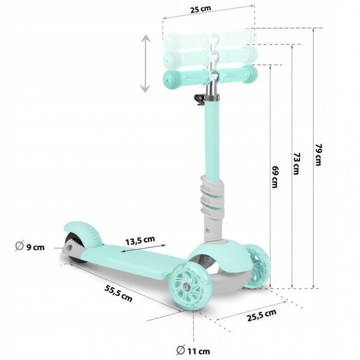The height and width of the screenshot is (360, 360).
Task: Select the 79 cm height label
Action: [x=318, y=154]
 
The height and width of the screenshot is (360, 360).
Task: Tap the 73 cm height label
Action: [x=296, y=164]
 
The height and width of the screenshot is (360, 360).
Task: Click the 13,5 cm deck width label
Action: [x=140, y=240]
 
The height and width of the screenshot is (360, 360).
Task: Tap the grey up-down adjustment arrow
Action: [x=146, y=64]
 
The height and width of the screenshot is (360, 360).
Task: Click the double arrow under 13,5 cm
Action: [x=143, y=249]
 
